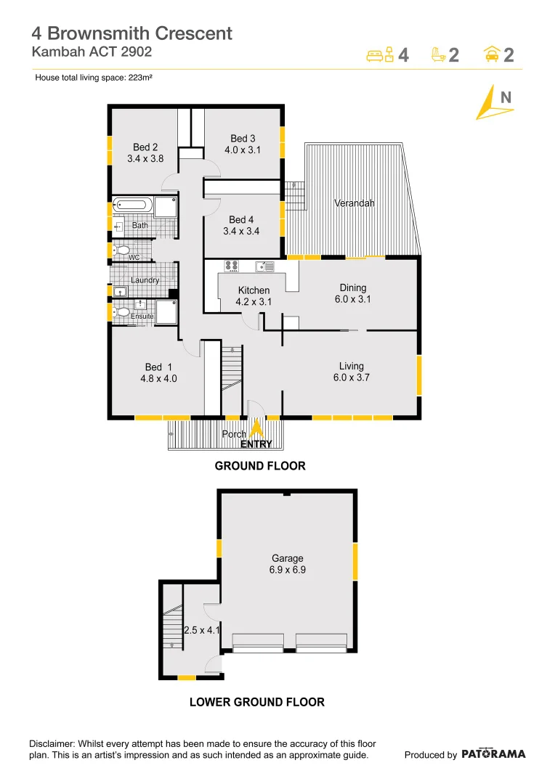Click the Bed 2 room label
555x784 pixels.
[145, 147]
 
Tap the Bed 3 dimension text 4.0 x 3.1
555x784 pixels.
[243, 150]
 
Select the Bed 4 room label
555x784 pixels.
[242, 220]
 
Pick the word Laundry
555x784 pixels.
[145, 280]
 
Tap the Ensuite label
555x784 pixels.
[142, 317]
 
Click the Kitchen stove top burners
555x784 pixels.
[232, 266]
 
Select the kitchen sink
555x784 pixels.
[269, 266]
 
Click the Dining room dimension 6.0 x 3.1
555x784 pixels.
[353, 299]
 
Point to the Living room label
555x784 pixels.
[351, 366]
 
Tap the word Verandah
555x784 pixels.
[355, 203]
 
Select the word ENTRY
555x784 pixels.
[256, 444]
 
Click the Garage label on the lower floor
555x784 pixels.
[288, 558]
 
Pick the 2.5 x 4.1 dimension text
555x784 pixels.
[201, 630]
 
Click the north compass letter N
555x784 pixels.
[506, 97]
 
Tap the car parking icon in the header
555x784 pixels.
[491, 54]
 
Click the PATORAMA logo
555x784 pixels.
[493, 754]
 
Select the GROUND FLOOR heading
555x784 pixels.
[260, 466]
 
